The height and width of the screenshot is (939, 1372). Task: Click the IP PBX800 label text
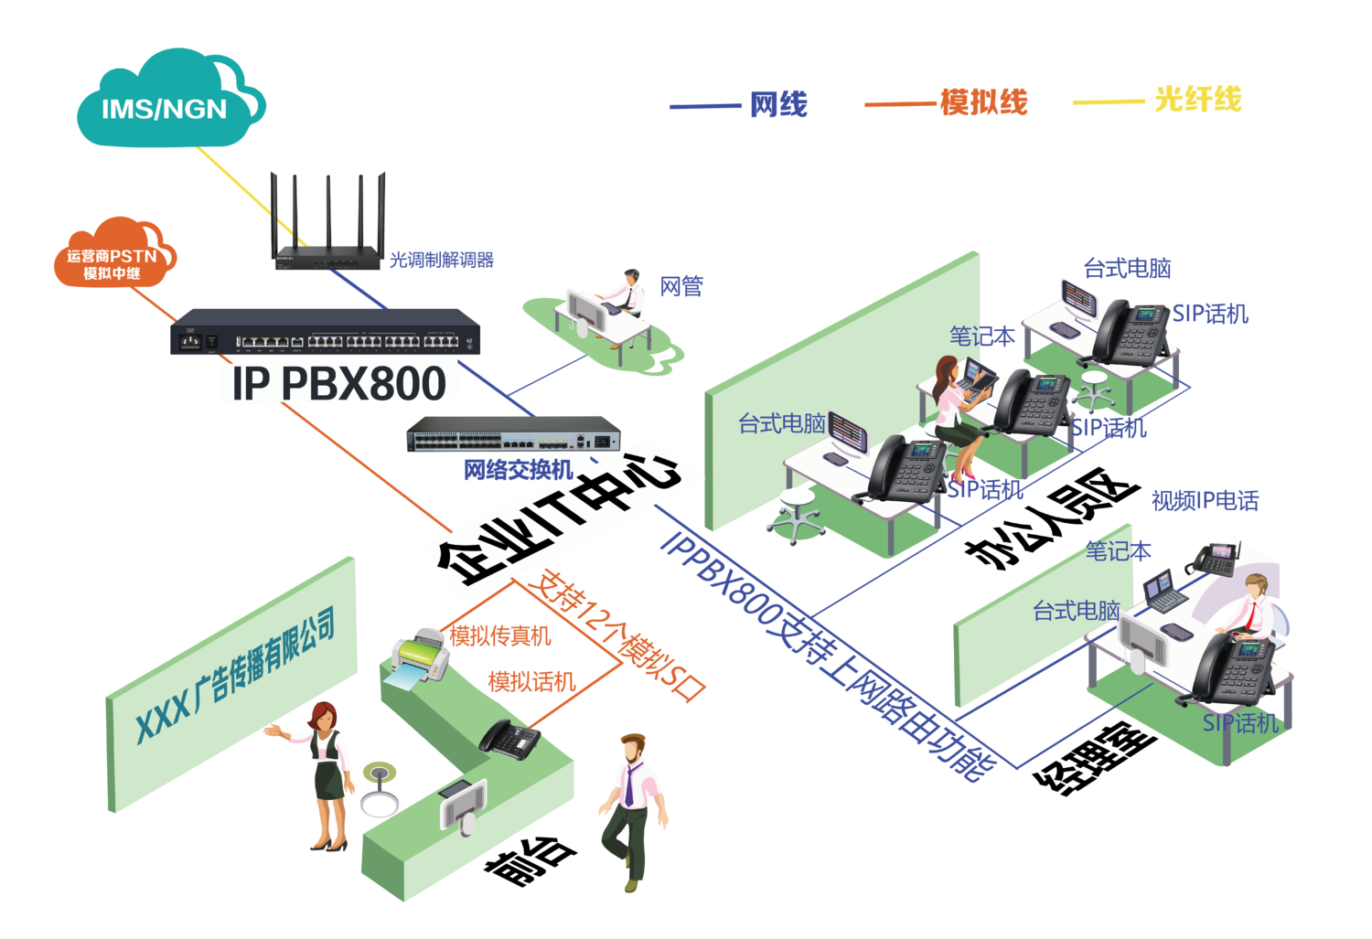pyautogui.click(x=338, y=383)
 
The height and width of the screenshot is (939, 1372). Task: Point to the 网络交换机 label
pyautogui.click(x=518, y=470)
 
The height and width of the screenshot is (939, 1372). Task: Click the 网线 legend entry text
pyautogui.click(x=778, y=103)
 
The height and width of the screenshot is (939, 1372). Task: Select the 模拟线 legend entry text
pyautogui.click(x=984, y=101)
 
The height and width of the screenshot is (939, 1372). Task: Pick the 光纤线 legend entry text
pyautogui.click(x=1197, y=99)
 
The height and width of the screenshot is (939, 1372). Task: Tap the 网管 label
pyautogui.click(x=681, y=287)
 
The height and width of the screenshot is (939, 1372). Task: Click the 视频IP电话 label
pyautogui.click(x=1205, y=500)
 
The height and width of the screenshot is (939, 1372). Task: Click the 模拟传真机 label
pyautogui.click(x=498, y=635)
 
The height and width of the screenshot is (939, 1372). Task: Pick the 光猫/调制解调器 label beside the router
pyautogui.click(x=442, y=260)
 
